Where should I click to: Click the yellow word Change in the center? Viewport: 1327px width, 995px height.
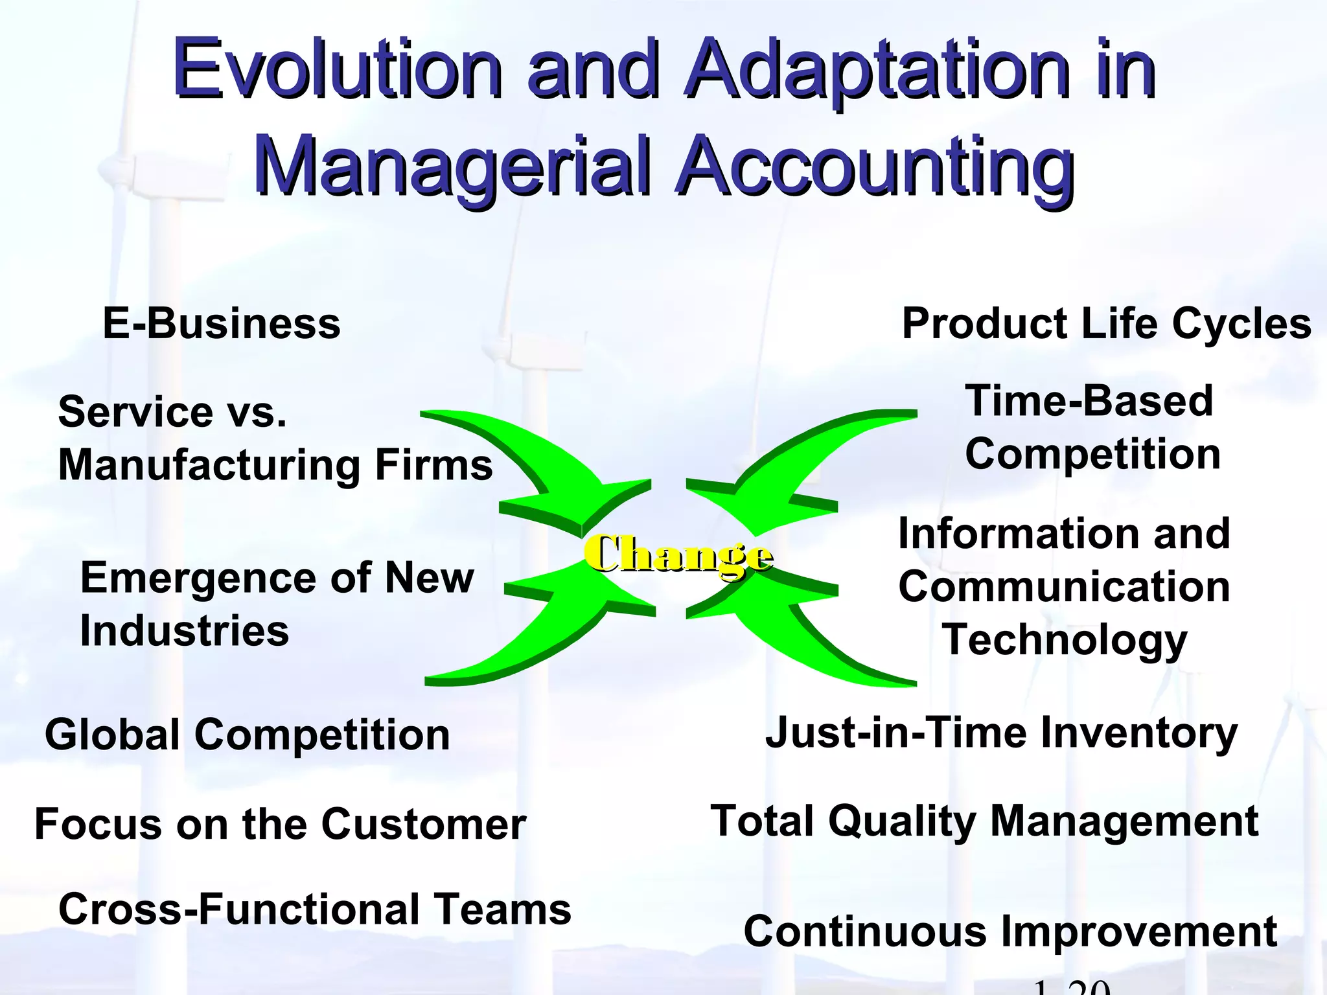(678, 555)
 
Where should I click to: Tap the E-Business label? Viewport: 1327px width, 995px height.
(222, 324)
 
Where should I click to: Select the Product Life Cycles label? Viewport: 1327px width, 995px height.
(1106, 324)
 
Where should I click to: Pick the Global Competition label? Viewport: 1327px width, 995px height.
(247, 735)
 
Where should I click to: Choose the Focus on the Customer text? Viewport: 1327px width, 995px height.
(280, 825)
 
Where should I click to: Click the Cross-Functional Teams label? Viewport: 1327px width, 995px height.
(315, 909)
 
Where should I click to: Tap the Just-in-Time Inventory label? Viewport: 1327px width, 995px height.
(1001, 733)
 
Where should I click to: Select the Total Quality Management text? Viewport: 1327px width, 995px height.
(984, 821)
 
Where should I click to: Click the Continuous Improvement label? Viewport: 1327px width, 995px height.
(1010, 932)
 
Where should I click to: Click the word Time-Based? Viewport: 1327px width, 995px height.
(1089, 401)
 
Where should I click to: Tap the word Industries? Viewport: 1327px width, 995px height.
(185, 631)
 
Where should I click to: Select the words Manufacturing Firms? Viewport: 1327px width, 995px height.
(275, 465)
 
